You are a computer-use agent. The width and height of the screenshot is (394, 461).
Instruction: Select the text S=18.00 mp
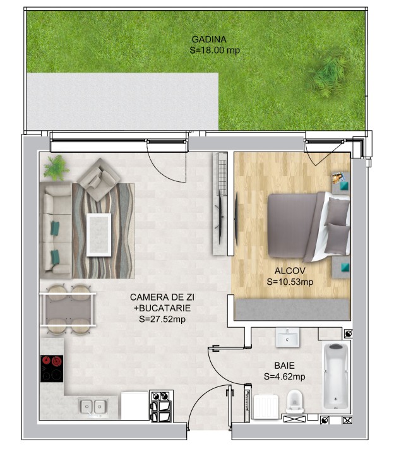tap(215, 51)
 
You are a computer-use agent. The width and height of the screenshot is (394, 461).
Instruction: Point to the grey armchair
tap(98, 177)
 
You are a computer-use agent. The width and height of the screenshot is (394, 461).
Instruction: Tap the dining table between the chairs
tap(68, 309)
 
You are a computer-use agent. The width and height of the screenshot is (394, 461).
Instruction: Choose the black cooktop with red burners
tap(52, 368)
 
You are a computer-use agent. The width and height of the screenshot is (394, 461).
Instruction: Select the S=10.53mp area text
tap(290, 282)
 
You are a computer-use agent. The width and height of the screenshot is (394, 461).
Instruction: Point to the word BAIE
tap(284, 365)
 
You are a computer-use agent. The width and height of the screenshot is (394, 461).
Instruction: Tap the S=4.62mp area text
tap(284, 376)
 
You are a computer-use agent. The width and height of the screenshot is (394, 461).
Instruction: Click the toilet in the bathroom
tap(295, 401)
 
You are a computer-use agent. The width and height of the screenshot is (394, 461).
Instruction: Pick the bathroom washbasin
tap(289, 337)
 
